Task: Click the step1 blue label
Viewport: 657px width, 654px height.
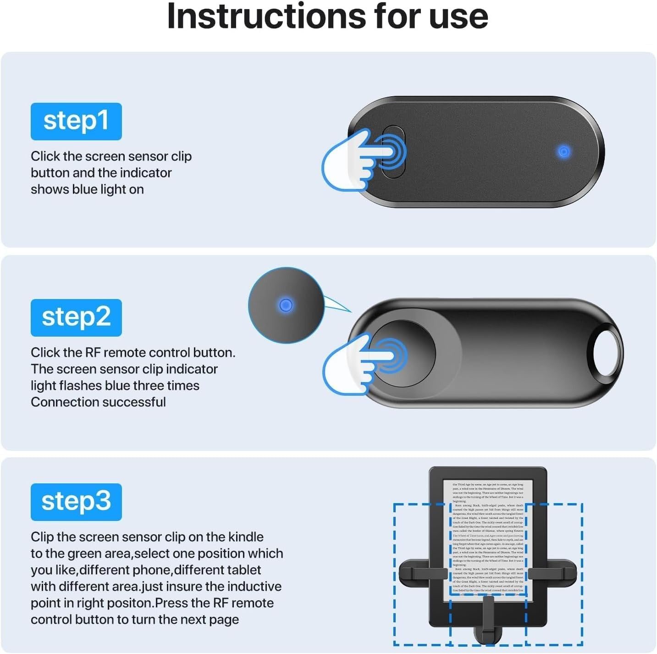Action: pyautogui.click(x=76, y=121)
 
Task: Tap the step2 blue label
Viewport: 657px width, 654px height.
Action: pyautogui.click(x=76, y=317)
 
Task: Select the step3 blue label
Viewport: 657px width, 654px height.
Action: pyautogui.click(x=76, y=502)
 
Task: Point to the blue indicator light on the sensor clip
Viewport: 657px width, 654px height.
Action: pyautogui.click(x=563, y=152)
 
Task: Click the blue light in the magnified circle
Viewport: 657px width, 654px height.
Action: pyautogui.click(x=286, y=305)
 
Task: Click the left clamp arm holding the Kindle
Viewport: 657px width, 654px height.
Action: pyautogui.click(x=422, y=573)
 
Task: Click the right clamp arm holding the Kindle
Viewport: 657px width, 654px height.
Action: pyautogui.click(x=552, y=573)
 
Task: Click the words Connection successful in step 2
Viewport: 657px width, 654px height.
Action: pyautogui.click(x=98, y=402)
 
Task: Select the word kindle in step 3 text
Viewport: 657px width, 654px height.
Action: pyautogui.click(x=246, y=537)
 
